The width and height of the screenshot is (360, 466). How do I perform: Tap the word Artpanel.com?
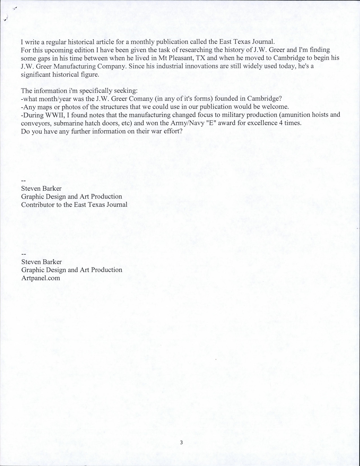40,278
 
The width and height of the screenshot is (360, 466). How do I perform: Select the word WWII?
55,115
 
